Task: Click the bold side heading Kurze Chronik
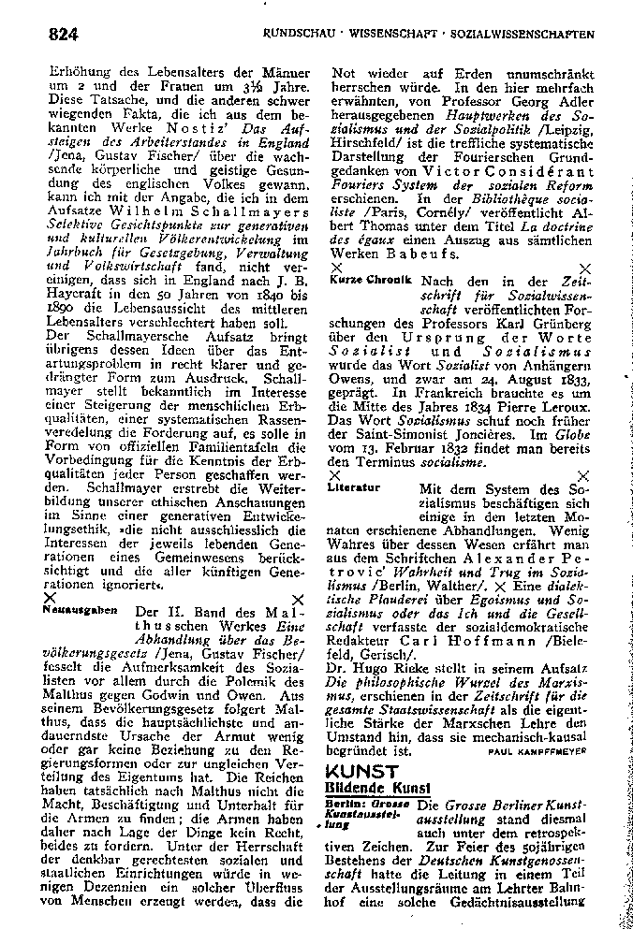[x=371, y=281]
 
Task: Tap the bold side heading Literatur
[x=354, y=488]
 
